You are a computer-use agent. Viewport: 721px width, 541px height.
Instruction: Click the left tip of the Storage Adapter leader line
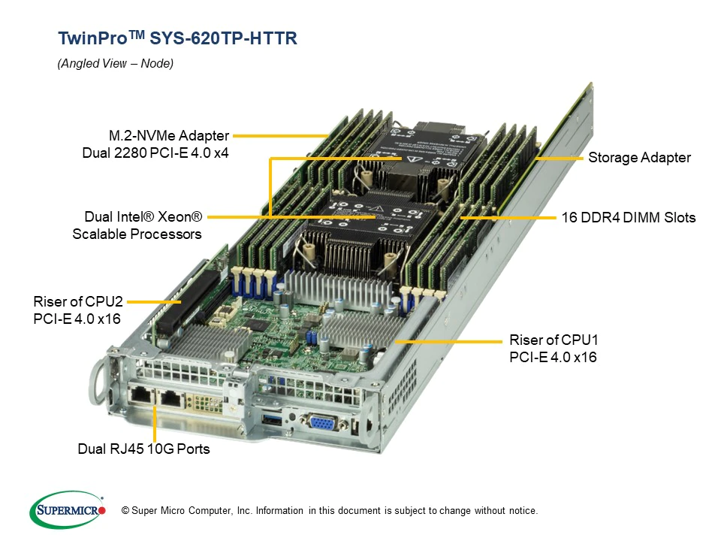[536, 159]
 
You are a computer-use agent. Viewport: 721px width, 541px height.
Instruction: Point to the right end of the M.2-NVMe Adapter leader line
[328, 136]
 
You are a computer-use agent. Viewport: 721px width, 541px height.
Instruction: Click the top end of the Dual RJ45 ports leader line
[155, 407]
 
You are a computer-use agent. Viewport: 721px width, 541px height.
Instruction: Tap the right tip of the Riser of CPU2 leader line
[181, 302]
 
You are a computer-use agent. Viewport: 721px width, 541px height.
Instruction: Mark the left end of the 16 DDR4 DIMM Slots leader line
[460, 218]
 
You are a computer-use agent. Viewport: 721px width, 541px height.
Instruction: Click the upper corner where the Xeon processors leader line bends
[270, 159]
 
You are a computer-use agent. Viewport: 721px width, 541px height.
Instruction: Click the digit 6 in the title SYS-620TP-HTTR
[196, 38]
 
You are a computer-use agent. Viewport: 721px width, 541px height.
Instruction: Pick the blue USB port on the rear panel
[272, 419]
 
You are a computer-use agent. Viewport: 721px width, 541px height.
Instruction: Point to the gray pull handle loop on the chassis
[100, 382]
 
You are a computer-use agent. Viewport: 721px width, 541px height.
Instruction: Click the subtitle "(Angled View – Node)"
[116, 63]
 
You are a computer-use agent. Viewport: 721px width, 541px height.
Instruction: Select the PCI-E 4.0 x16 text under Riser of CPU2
[77, 319]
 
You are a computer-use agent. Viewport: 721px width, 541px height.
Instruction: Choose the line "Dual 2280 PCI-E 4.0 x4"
[155, 153]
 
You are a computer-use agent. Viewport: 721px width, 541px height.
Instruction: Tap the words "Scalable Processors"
[137, 234]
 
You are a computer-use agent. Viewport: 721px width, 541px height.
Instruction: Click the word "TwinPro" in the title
[93, 38]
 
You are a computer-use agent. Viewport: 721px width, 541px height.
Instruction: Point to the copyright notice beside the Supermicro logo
[329, 511]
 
